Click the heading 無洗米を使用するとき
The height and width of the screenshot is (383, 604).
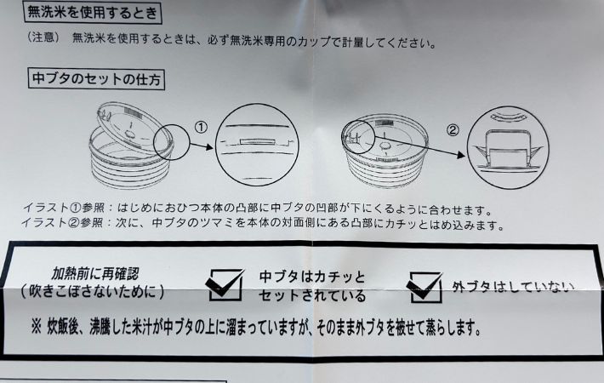click(93, 13)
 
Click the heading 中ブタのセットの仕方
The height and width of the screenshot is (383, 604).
click(96, 79)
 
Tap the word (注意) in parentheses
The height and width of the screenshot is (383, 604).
click(43, 37)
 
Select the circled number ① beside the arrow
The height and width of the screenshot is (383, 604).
click(201, 127)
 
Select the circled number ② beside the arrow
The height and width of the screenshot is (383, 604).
click(453, 130)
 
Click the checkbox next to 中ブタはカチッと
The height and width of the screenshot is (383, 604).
click(225, 285)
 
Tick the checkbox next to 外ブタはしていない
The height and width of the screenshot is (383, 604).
click(425, 287)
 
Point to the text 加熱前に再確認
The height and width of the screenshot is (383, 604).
click(95, 274)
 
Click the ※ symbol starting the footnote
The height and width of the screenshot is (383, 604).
click(37, 329)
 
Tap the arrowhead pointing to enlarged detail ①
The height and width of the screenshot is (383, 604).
click(209, 146)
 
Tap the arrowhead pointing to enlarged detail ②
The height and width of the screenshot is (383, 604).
click(461, 155)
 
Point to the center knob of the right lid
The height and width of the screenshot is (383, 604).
click(384, 146)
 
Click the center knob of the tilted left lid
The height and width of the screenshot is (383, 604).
click(131, 134)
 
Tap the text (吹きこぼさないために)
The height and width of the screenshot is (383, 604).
click(93, 291)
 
